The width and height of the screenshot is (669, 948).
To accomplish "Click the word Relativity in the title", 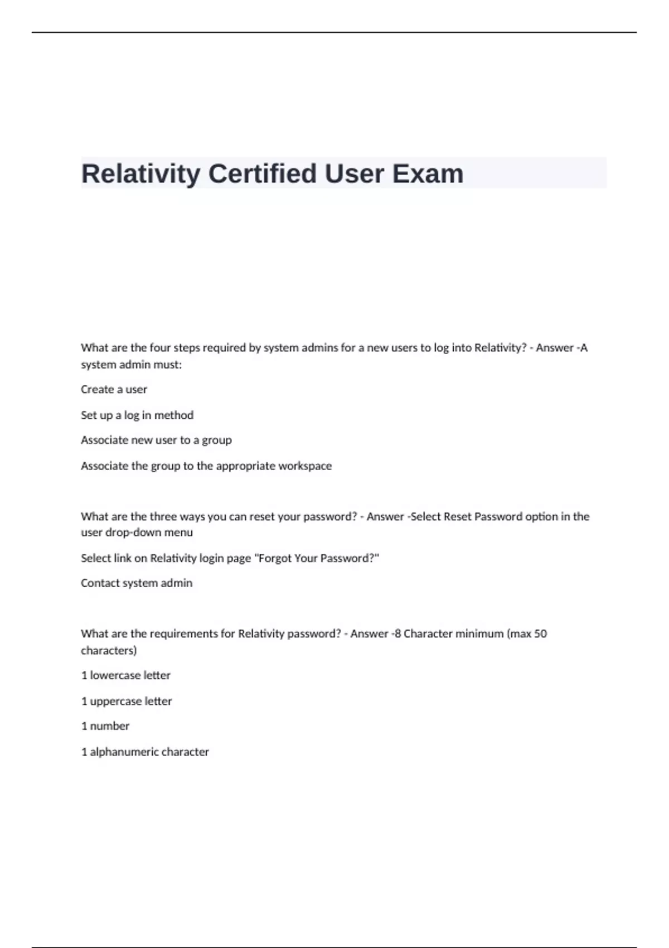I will [140, 173].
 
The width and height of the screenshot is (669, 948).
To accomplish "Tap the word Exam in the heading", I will [428, 173].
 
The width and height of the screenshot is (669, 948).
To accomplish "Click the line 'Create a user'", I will [114, 389].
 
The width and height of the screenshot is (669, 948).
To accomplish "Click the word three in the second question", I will [163, 516].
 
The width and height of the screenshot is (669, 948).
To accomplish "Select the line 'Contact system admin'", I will [137, 583].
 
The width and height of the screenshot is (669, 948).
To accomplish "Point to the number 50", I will [540, 633].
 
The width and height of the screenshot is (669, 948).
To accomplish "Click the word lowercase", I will [115, 675].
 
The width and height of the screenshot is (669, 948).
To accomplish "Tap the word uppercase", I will [116, 701].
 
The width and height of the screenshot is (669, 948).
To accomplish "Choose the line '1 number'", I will [105, 726].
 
